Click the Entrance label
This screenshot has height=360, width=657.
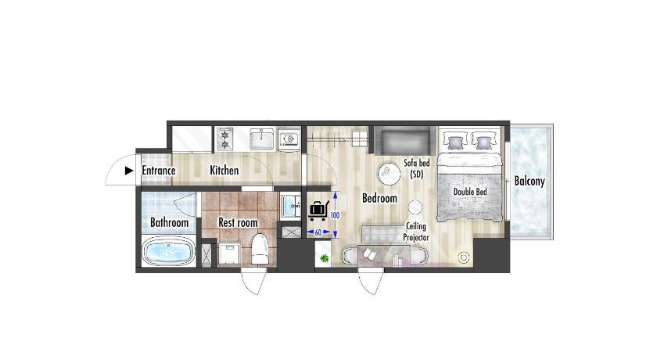click(158, 171)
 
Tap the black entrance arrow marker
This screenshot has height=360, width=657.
click(129, 171)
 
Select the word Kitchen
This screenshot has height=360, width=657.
click(224, 171)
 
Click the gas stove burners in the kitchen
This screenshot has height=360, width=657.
click(225, 139)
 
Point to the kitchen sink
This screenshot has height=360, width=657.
click(262, 139)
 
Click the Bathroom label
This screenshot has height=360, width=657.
click(169, 222)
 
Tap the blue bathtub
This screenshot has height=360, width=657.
click(168, 251)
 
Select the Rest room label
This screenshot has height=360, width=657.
click(238, 222)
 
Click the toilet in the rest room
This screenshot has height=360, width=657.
click(260, 249)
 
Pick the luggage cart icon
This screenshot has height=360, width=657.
click(318, 211)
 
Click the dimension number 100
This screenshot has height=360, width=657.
click(335, 215)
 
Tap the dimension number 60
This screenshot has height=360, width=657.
click(318, 232)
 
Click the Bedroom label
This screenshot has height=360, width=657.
click(379, 198)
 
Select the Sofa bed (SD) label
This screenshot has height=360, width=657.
click(416, 168)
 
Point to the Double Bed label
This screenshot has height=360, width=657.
click(470, 192)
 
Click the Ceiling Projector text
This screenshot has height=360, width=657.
click(416, 232)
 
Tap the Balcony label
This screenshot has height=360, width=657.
click(530, 181)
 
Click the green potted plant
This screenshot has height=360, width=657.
click(324, 258)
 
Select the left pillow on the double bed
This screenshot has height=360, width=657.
click(455, 141)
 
